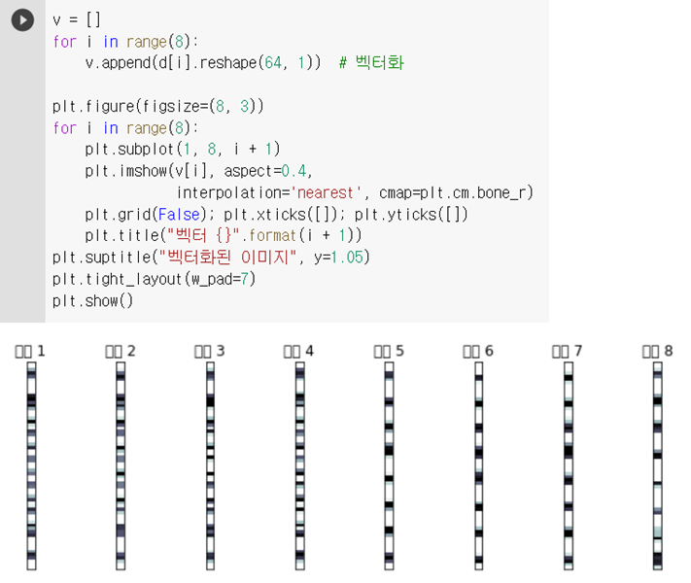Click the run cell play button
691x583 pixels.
(x=21, y=20)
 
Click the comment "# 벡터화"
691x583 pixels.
(x=371, y=63)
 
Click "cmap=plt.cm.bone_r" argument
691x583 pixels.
(x=456, y=192)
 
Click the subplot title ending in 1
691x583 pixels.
(x=31, y=350)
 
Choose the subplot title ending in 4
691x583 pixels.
(x=299, y=350)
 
